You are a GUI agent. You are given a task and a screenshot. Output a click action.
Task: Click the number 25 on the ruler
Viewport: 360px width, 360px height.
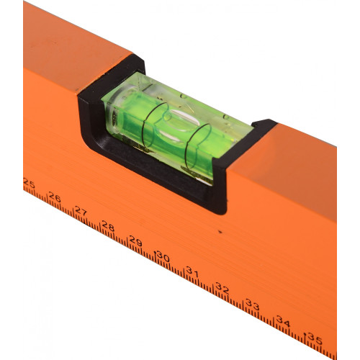tap(30, 184)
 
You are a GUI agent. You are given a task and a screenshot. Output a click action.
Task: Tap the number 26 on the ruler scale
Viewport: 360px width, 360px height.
tap(55, 197)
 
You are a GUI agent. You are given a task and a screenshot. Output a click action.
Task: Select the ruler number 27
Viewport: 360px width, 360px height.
tap(81, 211)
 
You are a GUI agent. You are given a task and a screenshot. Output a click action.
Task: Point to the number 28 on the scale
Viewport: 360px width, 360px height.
tap(108, 226)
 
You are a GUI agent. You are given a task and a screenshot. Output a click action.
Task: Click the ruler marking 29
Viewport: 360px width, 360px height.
tap(135, 241)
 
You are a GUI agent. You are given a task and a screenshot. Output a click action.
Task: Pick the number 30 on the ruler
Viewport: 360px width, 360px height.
tap(163, 256)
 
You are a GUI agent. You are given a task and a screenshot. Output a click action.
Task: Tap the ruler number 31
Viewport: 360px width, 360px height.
tap(192, 272)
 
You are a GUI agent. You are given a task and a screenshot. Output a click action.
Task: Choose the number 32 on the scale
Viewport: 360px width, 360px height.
tap(222, 288)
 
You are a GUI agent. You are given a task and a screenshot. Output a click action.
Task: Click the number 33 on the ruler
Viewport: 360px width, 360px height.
tap(253, 305)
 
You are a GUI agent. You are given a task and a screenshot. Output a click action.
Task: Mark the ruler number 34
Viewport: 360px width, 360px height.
tap(283, 322)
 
